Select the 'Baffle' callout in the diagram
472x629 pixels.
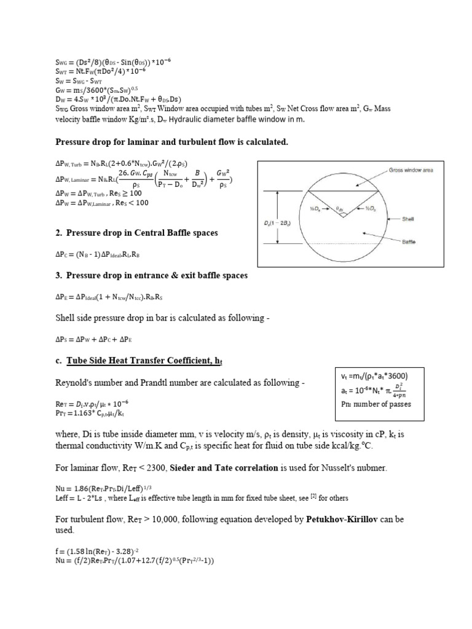[409, 242]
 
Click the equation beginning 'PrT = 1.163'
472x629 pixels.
[90, 413]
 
